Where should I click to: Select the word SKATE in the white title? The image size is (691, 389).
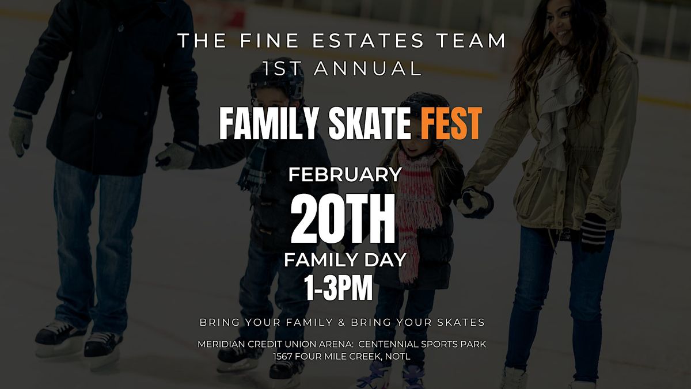pos(363,123)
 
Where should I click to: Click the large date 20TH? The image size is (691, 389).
pos(343,219)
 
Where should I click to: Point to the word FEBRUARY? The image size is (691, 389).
pos(344,174)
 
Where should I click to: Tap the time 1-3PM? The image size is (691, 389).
pos(339,289)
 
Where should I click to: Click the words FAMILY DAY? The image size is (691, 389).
pos(344,260)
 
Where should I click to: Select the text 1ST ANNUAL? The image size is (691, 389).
pos(342,68)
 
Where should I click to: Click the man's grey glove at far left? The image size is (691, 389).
pos(21,132)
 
